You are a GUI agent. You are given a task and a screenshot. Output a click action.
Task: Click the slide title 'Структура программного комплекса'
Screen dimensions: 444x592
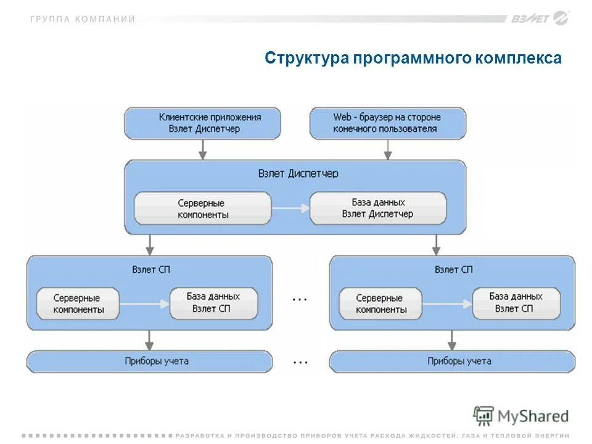coord(413,59)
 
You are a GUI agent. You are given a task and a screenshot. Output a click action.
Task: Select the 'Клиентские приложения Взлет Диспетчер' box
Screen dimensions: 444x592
coord(202,123)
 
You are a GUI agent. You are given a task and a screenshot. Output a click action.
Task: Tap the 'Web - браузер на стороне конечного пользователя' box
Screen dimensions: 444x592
coord(387,123)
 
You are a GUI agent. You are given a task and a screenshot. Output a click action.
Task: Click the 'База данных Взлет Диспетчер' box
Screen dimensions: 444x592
coord(377,208)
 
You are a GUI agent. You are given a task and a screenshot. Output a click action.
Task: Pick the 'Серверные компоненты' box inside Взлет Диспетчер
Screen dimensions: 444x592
coord(202,208)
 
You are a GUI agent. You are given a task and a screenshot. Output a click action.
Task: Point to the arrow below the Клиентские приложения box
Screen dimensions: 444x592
coord(202,150)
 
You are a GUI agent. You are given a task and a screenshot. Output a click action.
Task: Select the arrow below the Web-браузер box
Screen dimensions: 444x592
coord(387,150)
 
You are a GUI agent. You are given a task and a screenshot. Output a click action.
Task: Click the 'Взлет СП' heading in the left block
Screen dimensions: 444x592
coord(150,269)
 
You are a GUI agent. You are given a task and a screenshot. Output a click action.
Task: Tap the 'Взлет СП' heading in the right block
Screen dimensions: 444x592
coord(453,269)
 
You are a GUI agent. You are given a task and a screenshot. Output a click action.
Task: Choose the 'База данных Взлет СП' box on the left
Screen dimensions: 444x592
coord(213,302)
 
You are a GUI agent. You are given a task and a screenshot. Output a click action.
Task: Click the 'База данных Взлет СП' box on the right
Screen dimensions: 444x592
coord(516,302)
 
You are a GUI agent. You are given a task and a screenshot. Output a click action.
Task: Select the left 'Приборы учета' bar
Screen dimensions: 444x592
coord(149,361)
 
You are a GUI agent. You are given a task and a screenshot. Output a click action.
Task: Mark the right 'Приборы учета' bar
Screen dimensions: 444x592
coord(453,361)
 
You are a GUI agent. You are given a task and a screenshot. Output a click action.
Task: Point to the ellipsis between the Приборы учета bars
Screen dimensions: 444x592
coord(300,362)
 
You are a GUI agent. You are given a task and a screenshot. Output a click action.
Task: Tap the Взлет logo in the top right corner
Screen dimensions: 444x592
coord(538,18)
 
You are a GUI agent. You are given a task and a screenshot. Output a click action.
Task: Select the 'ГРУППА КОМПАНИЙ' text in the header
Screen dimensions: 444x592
coord(82,19)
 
